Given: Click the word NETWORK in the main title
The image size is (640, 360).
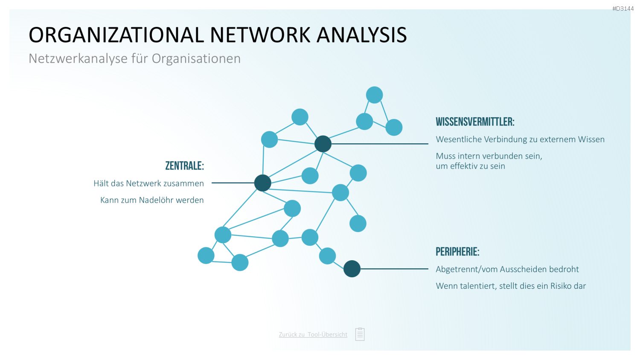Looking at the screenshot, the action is coord(260,35).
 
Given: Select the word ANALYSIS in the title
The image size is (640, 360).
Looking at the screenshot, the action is coord(362,35).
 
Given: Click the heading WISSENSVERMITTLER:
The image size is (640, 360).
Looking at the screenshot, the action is coord(475,122).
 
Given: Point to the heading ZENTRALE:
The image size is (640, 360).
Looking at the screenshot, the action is coord(185,166).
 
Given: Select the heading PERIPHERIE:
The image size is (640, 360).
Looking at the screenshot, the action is coord(457,252).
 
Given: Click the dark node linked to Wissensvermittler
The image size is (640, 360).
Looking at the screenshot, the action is coord(323,144).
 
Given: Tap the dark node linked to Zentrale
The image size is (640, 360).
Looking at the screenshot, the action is coord(262,183).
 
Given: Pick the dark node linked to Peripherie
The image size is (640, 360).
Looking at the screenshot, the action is coord(352,269).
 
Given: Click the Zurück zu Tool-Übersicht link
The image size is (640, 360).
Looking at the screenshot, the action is coord(313,334).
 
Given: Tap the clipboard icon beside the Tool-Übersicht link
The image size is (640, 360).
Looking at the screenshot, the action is coord(360,334).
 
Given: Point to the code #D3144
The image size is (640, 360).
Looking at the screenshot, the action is coord(623,9).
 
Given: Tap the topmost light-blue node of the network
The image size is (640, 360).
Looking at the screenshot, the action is coord(374,95).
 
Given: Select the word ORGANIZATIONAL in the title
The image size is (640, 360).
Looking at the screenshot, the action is coord(116,35).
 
